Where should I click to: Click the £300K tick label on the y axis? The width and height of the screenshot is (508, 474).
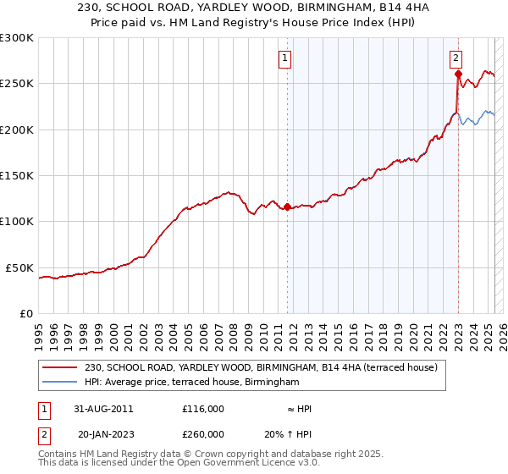16,38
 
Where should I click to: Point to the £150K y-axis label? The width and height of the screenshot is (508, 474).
16,175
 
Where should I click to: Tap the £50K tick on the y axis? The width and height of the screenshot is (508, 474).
19,267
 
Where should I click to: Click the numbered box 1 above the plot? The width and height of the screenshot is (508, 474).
285,58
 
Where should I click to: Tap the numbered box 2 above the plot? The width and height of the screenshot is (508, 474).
456,58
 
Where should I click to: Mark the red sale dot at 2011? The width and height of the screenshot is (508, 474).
287,207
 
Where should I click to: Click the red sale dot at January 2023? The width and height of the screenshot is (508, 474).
458,74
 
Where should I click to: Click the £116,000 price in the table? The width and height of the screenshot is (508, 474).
203,408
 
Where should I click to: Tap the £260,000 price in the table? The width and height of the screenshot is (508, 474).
203,434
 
